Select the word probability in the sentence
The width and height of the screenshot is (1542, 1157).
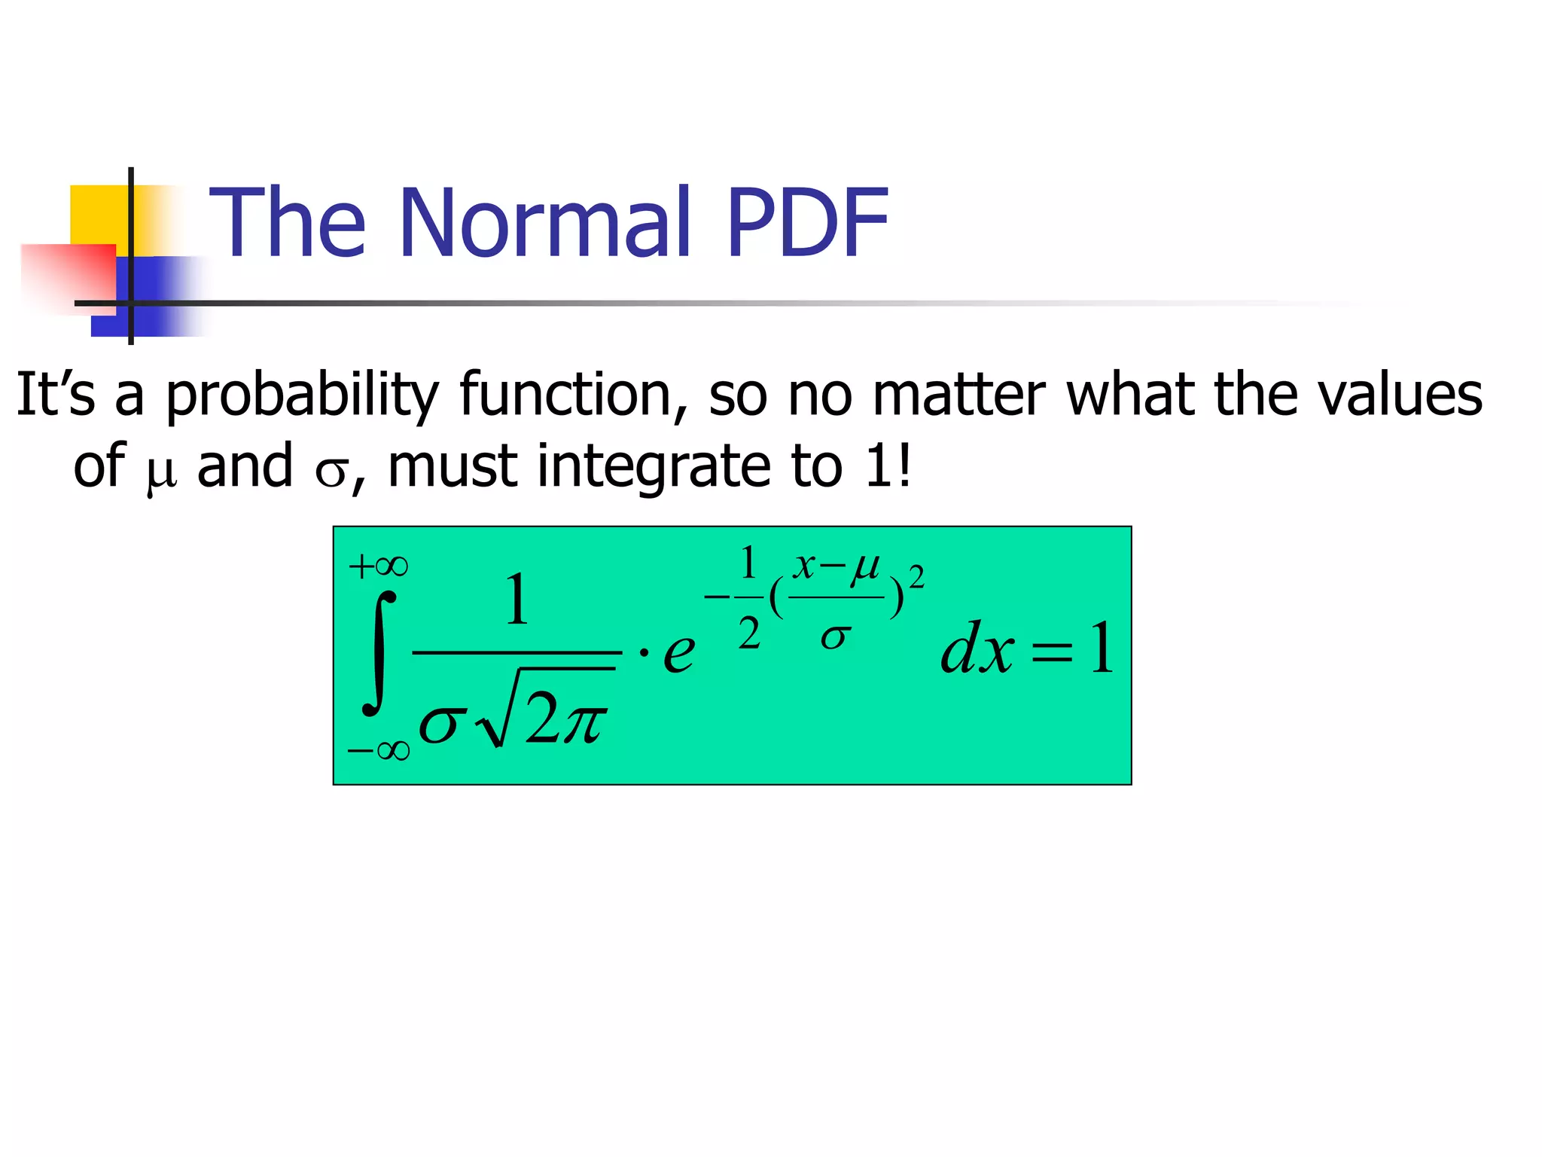pyautogui.click(x=301, y=395)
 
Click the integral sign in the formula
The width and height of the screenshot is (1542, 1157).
pyautogui.click(x=379, y=652)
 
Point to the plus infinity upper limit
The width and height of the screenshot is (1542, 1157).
pyautogui.click(x=379, y=566)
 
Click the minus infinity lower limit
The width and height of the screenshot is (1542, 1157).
pyautogui.click(x=379, y=750)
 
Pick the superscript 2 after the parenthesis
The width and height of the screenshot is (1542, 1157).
pyautogui.click(x=916, y=578)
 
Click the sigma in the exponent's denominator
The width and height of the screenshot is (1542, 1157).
pyautogui.click(x=835, y=637)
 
